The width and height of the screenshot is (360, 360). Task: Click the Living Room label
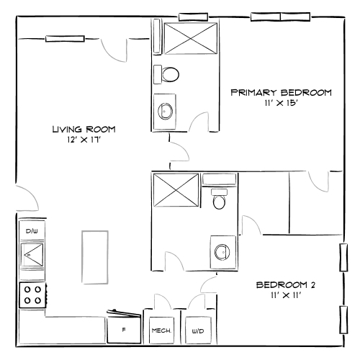(x=84, y=130)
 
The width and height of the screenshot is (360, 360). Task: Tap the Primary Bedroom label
(x=280, y=92)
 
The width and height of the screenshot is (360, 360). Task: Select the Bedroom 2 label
(x=286, y=284)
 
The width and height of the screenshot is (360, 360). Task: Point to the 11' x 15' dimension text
(x=280, y=102)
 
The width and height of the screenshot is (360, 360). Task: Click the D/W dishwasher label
(x=31, y=231)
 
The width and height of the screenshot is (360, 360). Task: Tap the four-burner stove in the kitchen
(x=32, y=295)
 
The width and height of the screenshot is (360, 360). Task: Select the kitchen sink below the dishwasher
(x=32, y=254)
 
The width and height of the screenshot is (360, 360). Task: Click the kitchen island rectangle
(x=94, y=257)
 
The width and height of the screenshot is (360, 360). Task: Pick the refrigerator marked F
(x=124, y=330)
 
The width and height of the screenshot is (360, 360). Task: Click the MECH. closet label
(x=160, y=331)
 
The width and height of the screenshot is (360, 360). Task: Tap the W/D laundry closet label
(x=197, y=332)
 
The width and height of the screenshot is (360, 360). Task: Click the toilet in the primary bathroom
(x=169, y=74)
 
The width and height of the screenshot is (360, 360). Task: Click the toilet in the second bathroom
(x=220, y=199)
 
